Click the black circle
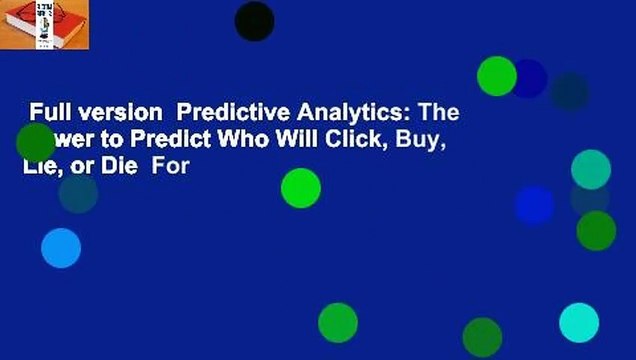pyautogui.click(x=254, y=21)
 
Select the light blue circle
pyautogui.click(x=61, y=248)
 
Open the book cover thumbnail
pyautogui.click(x=45, y=25)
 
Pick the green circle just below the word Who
pyautogui.click(x=300, y=188)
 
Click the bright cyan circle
pyautogui.click(x=579, y=323)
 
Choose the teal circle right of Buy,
pyautogui.click(x=591, y=169)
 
